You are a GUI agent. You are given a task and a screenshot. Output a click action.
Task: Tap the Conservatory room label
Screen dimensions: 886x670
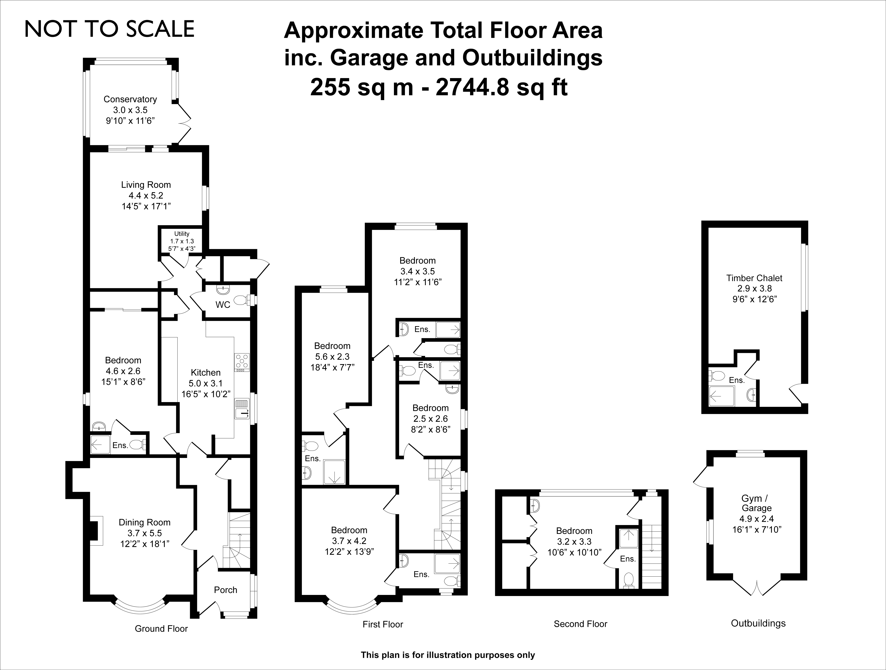130,99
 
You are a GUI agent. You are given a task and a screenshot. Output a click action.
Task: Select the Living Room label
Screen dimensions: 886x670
146,185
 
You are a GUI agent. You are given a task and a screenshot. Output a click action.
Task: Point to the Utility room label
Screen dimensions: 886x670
182,234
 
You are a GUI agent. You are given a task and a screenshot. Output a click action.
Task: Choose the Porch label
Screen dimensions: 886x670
225,590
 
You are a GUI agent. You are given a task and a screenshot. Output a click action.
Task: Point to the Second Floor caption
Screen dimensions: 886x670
580,624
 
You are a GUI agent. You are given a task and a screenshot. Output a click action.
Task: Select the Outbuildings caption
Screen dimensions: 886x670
758,624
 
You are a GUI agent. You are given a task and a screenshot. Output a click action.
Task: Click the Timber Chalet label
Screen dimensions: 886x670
754,278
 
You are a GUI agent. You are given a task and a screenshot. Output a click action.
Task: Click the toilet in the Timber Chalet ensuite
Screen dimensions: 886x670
717,376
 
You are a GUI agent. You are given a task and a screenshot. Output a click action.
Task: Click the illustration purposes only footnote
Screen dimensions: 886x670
448,655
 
